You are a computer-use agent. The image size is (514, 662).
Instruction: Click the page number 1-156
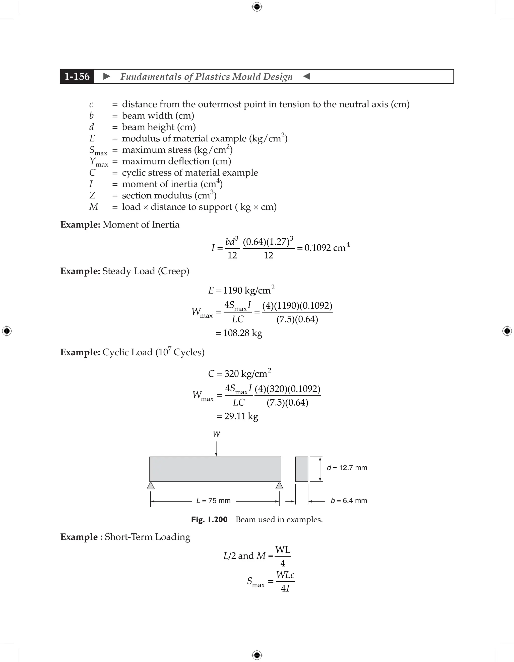[77, 76]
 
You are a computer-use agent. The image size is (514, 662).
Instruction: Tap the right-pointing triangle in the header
[107, 76]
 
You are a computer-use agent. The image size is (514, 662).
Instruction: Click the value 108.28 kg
[242, 333]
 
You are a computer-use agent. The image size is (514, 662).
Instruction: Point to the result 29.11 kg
[241, 416]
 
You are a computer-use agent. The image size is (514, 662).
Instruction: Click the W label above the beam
[216, 434]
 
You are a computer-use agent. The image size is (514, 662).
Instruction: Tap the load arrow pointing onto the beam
[216, 449]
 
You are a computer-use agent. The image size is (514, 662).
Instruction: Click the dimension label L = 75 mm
[213, 501]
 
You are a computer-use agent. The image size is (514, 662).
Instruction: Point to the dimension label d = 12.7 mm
[347, 468]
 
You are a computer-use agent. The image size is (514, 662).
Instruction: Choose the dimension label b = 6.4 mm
[349, 501]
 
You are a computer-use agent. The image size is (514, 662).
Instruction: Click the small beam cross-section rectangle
[302, 469]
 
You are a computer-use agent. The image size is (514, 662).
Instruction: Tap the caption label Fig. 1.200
[209, 520]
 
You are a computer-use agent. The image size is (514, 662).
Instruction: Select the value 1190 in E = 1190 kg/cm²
[233, 291]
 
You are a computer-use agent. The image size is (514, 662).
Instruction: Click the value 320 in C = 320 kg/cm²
[232, 374]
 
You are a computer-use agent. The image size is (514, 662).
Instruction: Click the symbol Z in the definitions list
[92, 195]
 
